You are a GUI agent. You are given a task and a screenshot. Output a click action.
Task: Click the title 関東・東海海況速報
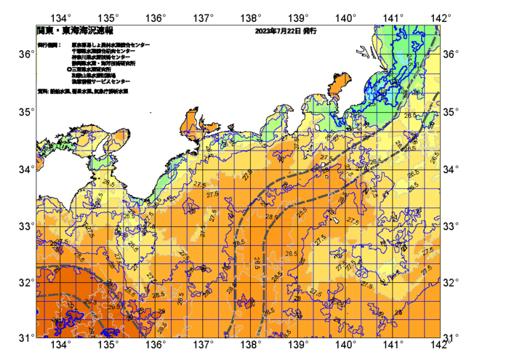(75, 31)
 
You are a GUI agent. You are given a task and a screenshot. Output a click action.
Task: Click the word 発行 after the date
(309, 31)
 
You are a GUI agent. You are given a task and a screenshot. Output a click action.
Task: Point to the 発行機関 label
(49, 45)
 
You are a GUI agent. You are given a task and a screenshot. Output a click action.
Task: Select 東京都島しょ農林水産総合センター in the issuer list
(111, 45)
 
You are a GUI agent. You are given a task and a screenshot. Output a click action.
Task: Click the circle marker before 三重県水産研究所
(69, 70)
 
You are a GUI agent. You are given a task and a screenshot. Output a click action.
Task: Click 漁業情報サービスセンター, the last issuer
(101, 81)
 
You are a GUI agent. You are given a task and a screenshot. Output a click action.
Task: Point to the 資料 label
(43, 92)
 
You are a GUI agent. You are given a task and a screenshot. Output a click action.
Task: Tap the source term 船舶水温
(60, 92)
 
